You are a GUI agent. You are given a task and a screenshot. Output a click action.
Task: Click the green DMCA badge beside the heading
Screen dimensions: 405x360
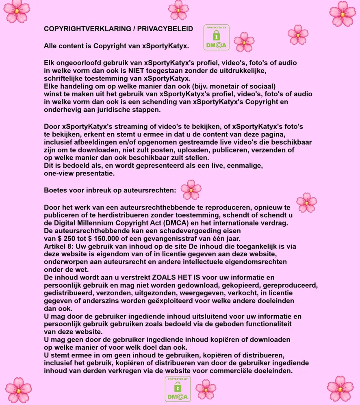pyautogui.click(x=216, y=37)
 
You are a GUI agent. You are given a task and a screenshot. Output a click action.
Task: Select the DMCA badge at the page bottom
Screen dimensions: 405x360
pyautogui.click(x=178, y=389)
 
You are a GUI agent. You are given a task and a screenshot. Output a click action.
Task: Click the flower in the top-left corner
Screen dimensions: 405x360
pyautogui.click(x=17, y=11)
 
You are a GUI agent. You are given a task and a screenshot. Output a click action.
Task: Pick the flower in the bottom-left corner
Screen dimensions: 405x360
pyautogui.click(x=18, y=390)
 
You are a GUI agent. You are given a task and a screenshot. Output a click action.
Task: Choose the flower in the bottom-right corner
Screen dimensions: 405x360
pyautogui.click(x=340, y=389)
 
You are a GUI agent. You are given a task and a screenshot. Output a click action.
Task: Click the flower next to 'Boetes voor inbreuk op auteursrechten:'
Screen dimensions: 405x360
pyautogui.click(x=191, y=190)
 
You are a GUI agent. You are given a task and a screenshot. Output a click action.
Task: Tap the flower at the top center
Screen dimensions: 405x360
pyautogui.click(x=178, y=10)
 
